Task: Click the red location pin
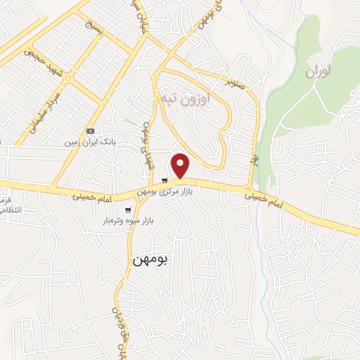181,165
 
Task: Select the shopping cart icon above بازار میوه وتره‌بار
128,210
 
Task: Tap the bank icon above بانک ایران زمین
90,131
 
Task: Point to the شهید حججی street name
41,62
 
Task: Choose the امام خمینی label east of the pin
264,200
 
